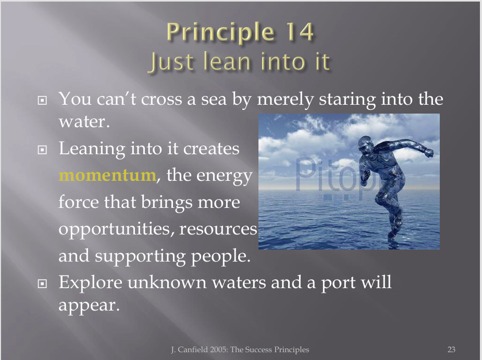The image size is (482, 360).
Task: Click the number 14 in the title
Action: (300, 31)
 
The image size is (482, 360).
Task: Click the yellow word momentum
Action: (107, 175)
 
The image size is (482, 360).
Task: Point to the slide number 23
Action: (451, 350)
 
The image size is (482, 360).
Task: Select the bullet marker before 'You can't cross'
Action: (42, 100)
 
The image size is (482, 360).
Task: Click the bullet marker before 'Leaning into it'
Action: (42, 150)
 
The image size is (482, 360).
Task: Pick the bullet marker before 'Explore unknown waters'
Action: (42, 283)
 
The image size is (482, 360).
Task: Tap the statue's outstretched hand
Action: (428, 153)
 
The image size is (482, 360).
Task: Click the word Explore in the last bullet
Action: (90, 283)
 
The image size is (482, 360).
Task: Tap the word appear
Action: (89, 306)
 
